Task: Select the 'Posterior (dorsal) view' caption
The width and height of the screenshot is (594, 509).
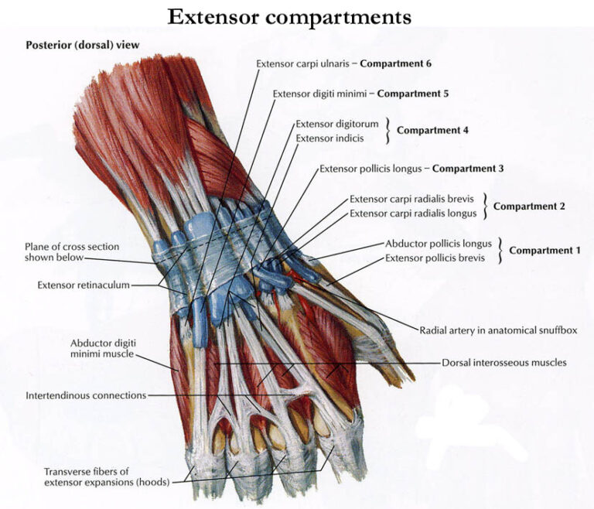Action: [x=83, y=45]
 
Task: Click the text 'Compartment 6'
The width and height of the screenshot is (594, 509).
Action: [x=395, y=63]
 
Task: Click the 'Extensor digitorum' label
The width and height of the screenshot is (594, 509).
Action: [x=336, y=124]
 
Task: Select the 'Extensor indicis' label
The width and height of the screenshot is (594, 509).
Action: [x=329, y=138]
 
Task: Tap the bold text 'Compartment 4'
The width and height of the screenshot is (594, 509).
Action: [x=432, y=131]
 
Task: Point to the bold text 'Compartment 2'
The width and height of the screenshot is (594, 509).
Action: [x=529, y=206]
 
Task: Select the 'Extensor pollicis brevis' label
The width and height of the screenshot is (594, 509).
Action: [x=435, y=258]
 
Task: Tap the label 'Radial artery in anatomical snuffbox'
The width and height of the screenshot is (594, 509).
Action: [x=498, y=330]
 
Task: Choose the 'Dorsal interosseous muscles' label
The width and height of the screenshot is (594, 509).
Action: [x=504, y=362]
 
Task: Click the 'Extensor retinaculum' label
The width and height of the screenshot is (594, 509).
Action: [x=83, y=285]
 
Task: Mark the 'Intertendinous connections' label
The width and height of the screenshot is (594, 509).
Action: [x=86, y=395]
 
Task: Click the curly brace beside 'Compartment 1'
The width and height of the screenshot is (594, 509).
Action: [x=501, y=251]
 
